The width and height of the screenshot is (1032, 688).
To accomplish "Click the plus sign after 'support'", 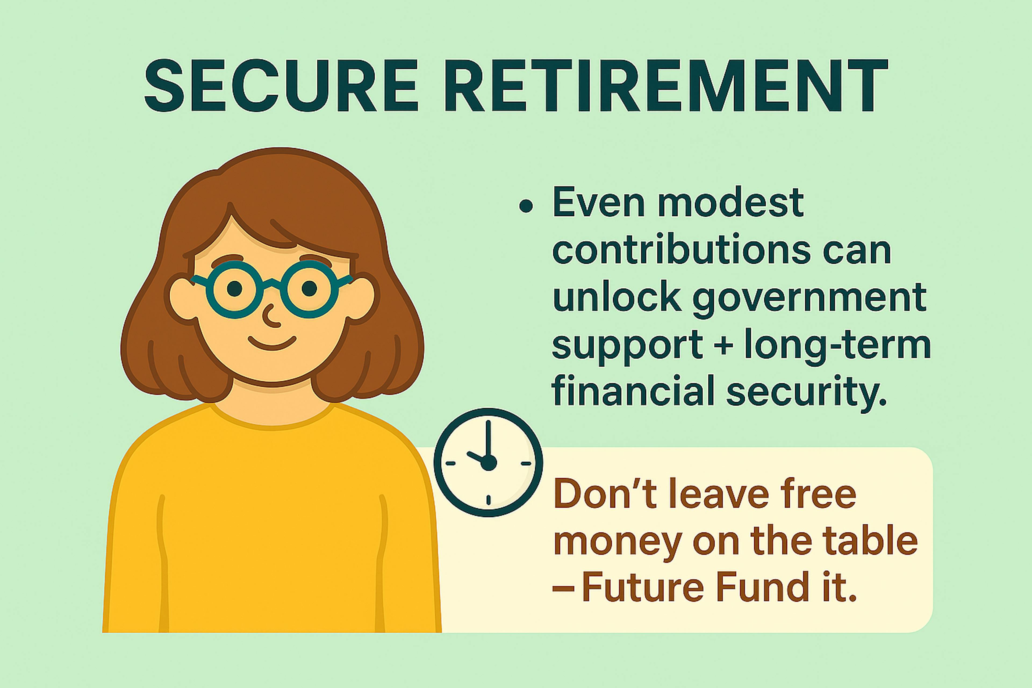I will tap(723, 345).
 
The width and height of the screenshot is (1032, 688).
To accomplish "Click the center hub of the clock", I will tap(488, 463).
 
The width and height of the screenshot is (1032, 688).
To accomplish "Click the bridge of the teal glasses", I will tap(272, 283).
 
